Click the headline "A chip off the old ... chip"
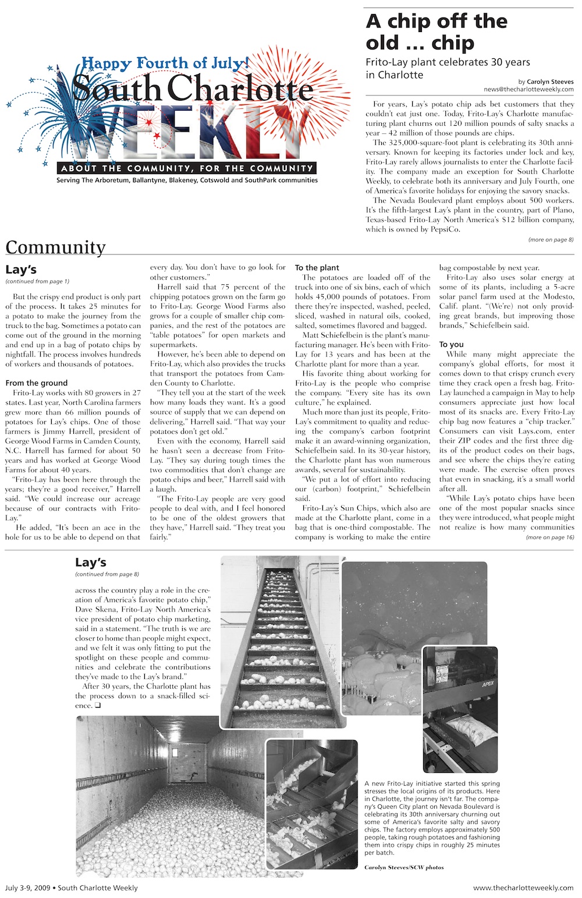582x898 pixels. (x=436, y=32)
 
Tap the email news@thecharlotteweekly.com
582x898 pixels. (x=528, y=90)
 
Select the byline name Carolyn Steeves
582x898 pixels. (x=550, y=82)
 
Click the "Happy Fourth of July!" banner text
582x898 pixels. (x=165, y=63)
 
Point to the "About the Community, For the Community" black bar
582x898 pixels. (x=187, y=168)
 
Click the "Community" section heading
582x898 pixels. (x=56, y=247)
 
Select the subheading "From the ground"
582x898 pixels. (x=36, y=383)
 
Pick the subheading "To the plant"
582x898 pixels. (x=317, y=268)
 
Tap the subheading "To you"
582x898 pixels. (x=451, y=344)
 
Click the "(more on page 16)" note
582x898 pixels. (x=549, y=537)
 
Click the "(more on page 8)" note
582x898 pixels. (x=551, y=239)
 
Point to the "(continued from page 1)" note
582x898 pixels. (x=37, y=281)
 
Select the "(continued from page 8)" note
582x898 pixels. (x=107, y=574)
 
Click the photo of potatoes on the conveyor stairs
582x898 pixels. (x=279, y=641)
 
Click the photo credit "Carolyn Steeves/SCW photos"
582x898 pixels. (x=404, y=867)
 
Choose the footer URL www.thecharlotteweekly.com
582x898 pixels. (x=523, y=888)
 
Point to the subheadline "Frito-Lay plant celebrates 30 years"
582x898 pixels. (x=448, y=62)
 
